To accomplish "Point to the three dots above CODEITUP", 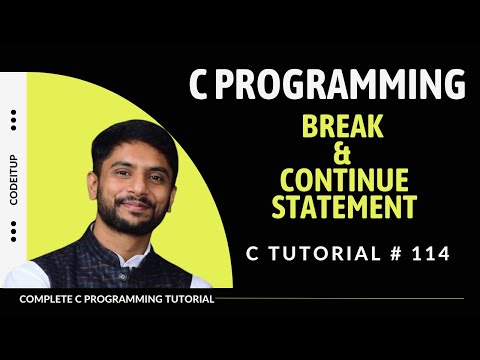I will click(14, 120).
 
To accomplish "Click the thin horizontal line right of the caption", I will click(340, 299).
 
